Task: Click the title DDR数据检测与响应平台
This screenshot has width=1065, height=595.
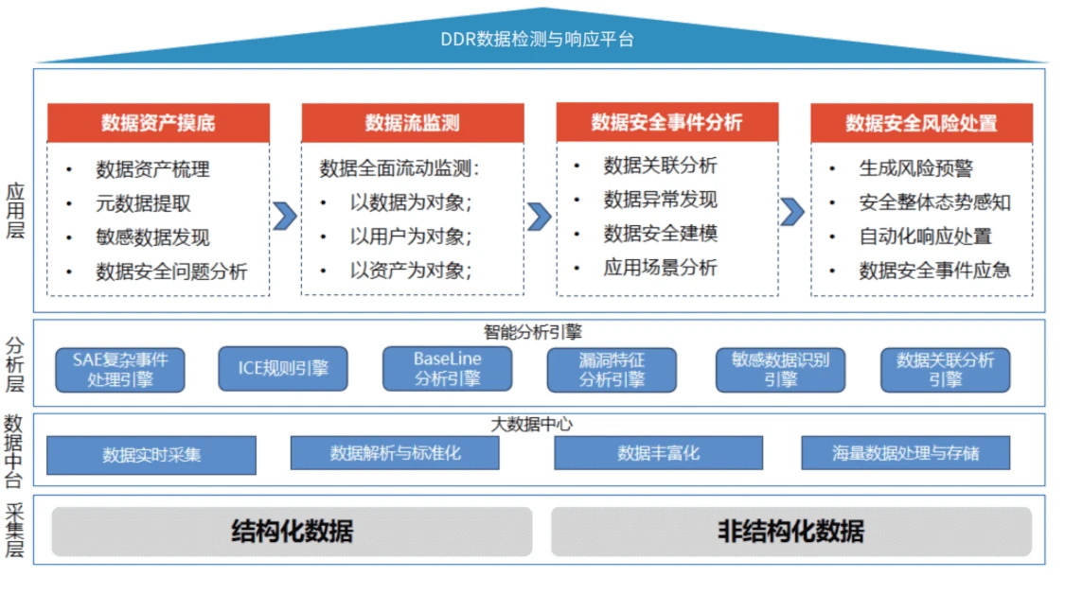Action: pyautogui.click(x=537, y=39)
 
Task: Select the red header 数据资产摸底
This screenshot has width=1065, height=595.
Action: pyautogui.click(x=158, y=123)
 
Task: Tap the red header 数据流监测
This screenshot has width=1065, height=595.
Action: pyautogui.click(x=412, y=123)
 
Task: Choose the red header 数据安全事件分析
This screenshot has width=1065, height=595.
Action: pyautogui.click(x=666, y=122)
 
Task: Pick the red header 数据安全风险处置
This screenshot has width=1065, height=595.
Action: pyautogui.click(x=921, y=123)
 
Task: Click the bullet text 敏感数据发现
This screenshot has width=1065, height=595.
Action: pyautogui.click(x=152, y=237)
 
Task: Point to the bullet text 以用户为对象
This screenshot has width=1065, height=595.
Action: pyautogui.click(x=410, y=236)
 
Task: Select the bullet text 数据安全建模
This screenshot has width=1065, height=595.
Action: pyautogui.click(x=660, y=233)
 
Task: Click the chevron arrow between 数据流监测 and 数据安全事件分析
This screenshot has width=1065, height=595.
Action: pyautogui.click(x=539, y=216)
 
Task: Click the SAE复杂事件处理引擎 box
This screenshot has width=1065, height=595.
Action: pyautogui.click(x=120, y=370)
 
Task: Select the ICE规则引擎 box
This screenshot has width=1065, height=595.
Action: pyautogui.click(x=283, y=369)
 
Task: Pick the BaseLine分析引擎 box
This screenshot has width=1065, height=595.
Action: pyautogui.click(x=447, y=369)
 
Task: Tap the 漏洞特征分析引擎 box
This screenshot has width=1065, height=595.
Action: pyautogui.click(x=612, y=370)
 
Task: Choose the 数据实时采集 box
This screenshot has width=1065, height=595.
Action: pyautogui.click(x=151, y=454)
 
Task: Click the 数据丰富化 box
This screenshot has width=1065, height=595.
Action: pyautogui.click(x=658, y=453)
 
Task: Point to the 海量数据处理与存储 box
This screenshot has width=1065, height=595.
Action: pyautogui.click(x=905, y=453)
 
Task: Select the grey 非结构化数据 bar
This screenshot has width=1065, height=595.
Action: pyautogui.click(x=790, y=531)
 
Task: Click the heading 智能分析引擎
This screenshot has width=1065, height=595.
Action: pyautogui.click(x=532, y=332)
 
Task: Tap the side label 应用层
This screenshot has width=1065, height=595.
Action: pyautogui.click(x=15, y=212)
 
